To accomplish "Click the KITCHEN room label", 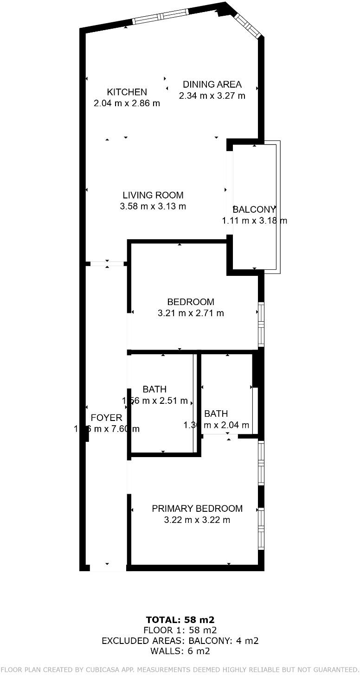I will coord(127,92).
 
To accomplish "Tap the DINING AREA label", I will coord(212,84).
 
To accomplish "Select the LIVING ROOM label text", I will coord(153,195).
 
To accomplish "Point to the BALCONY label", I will coord(254,210).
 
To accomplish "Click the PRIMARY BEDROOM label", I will coord(197,509).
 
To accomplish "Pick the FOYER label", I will coord(106,418).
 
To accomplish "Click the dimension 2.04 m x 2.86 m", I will coord(127,103).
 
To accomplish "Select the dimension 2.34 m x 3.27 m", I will coord(212,96).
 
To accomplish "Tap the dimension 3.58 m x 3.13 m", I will coord(153,207).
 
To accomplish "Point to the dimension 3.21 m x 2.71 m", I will coord(191,313).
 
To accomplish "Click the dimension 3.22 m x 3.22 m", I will coord(197,520).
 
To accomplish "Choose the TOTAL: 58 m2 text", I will coord(180,620).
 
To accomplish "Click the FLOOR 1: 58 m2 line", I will coord(180,630).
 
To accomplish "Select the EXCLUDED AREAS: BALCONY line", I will coord(180,641).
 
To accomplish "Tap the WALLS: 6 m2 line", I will coord(180,651).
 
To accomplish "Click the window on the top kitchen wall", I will coord(161,16).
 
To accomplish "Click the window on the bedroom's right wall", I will coord(261,324).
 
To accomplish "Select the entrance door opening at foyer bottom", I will coord(108,567).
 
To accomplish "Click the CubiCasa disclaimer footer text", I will coord(180,669).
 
